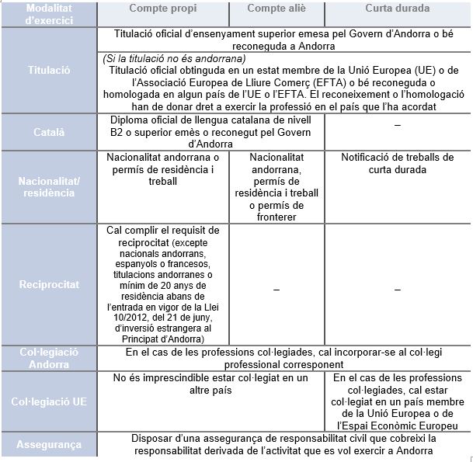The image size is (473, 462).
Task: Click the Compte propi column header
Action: click(x=162, y=9)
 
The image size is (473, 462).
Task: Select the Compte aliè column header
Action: click(x=276, y=9)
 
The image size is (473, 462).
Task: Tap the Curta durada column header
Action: click(x=398, y=9)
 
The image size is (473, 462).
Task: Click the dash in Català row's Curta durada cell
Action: click(x=398, y=126)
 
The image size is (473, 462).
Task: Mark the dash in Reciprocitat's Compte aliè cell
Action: click(x=276, y=289)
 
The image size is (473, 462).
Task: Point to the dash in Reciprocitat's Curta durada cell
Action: click(x=398, y=289)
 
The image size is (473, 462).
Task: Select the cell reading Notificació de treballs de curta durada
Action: click(x=398, y=163)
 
